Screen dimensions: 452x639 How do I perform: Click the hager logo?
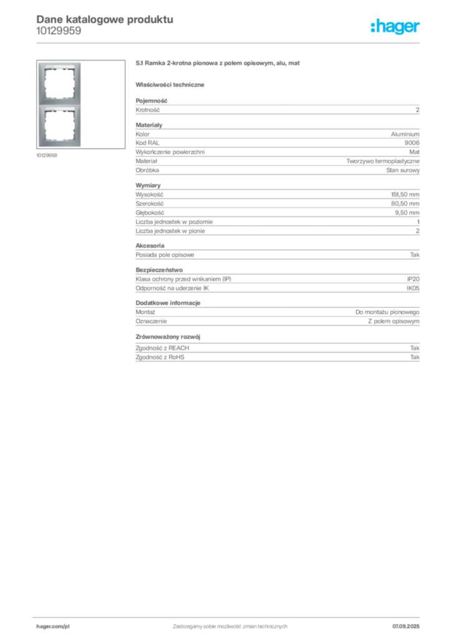(395, 26)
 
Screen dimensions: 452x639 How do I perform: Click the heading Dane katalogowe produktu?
(105, 19)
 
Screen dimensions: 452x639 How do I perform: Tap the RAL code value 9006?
(411, 143)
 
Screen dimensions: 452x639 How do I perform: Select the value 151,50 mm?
(405, 195)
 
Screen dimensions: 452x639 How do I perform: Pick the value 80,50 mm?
(405, 203)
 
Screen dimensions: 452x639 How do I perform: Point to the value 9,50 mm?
(407, 213)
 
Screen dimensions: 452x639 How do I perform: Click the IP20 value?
(413, 279)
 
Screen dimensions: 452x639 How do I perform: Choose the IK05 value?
(413, 288)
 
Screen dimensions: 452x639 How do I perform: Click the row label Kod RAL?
(147, 143)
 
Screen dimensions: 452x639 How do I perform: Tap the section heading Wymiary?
(148, 185)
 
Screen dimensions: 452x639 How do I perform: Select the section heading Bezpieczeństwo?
(159, 270)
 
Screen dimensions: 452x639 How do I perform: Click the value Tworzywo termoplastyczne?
(383, 161)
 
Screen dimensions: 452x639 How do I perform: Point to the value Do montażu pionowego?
(387, 312)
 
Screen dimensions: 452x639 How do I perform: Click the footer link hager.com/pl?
(53, 627)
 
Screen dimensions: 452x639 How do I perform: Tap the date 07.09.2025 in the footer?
(406, 627)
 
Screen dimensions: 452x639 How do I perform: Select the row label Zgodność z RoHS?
(160, 357)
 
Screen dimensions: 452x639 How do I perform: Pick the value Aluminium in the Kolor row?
(405, 134)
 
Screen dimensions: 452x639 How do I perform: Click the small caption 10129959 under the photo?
(46, 155)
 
